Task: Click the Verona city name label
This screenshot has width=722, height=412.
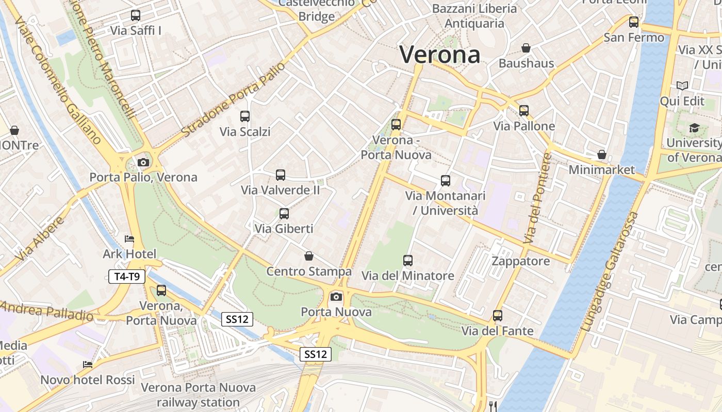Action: tap(440, 54)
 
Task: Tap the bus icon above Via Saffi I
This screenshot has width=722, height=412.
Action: tap(136, 15)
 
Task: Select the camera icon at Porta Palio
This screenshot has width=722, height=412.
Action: tap(143, 163)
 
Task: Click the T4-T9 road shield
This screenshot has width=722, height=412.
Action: tap(127, 277)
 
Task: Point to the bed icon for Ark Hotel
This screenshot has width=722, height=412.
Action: tap(129, 239)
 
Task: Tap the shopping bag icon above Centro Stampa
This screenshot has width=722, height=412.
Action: tap(309, 256)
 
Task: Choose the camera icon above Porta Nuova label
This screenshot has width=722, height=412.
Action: tap(336, 297)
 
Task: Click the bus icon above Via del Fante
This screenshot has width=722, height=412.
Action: tap(498, 316)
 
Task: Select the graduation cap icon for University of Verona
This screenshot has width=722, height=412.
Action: tap(694, 128)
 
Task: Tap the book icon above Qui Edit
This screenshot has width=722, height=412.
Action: tap(682, 86)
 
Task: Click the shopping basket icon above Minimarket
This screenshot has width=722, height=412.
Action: tap(601, 154)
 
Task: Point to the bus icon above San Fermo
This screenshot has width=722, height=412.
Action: tap(634, 22)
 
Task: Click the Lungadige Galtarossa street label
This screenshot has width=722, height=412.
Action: tap(609, 271)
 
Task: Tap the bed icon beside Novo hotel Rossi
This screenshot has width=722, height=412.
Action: tap(88, 365)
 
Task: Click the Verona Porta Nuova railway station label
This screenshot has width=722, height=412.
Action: tap(198, 394)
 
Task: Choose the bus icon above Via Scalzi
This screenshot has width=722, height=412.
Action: tap(245, 116)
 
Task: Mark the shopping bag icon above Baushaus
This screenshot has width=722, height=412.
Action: tap(526, 48)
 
